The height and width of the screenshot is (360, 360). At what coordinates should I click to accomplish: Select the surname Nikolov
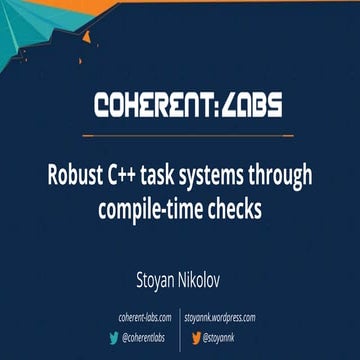[213, 271]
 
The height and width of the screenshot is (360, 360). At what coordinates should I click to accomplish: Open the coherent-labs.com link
[145, 318]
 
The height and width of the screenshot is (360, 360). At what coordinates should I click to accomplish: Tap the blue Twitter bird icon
[113, 338]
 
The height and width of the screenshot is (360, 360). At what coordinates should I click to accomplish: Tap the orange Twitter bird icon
[195, 338]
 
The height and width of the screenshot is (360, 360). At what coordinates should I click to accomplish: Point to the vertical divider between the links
[181, 328]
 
